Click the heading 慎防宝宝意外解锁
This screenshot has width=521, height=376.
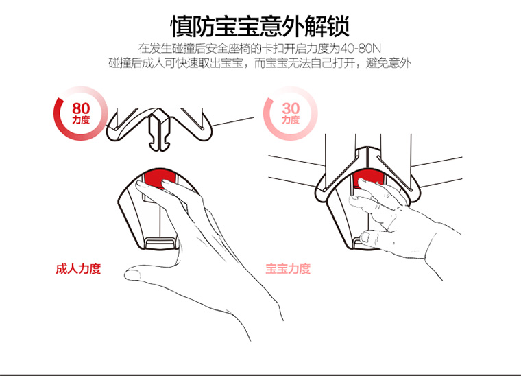click(x=260, y=25)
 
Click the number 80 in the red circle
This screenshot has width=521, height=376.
click(x=81, y=108)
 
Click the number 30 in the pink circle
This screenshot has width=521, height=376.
click(x=291, y=108)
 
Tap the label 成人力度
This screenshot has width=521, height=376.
click(x=78, y=268)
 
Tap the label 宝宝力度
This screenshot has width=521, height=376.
click(x=288, y=268)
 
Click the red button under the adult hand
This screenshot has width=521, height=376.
click(x=160, y=177)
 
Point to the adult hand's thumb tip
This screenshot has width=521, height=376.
click(x=130, y=274)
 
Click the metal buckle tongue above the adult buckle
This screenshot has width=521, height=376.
click(x=160, y=132)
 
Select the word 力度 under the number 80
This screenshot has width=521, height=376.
click(x=81, y=119)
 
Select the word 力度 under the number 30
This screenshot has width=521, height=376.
click(x=291, y=119)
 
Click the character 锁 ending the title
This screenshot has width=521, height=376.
click(x=338, y=26)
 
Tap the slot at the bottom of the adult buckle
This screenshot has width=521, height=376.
click(x=160, y=242)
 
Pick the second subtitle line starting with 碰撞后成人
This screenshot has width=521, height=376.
click(x=260, y=63)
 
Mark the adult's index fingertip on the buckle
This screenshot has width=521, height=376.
click(x=140, y=185)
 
